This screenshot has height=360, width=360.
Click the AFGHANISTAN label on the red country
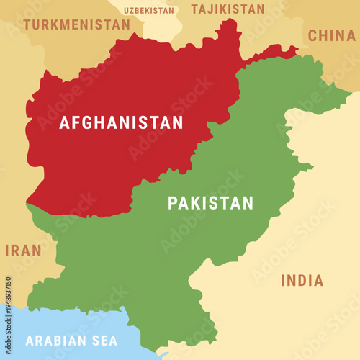[x=121, y=123]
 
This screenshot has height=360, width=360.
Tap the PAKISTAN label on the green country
[x=210, y=203]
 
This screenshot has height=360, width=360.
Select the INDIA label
[x=302, y=281]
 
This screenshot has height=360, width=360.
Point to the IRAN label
[x=23, y=251]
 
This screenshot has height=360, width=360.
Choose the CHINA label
[x=331, y=35]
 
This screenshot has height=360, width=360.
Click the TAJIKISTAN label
[x=227, y=9]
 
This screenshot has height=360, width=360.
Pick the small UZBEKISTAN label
[x=149, y=11]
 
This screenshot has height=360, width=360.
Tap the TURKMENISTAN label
[x=76, y=24]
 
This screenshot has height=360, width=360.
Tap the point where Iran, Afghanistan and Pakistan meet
[x=29, y=204]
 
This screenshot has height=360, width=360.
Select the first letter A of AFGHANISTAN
[x=65, y=123]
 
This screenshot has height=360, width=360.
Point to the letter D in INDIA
[x=303, y=281]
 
